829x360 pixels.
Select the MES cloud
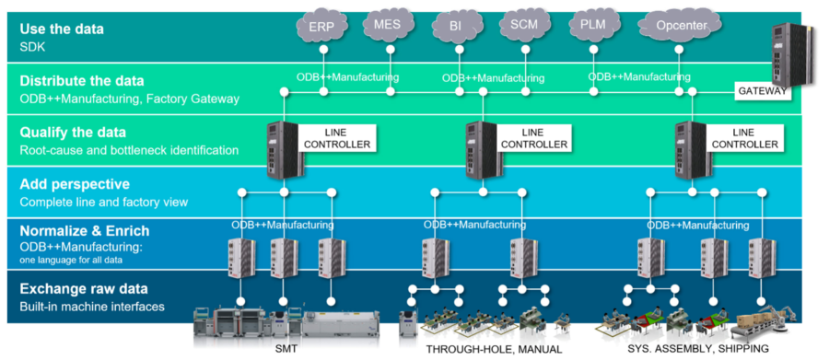coord(388,26)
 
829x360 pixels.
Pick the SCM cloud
coord(524,25)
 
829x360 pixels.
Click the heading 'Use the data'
coord(62,29)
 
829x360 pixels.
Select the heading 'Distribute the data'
coord(81,80)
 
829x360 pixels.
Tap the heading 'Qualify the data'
coord(73,132)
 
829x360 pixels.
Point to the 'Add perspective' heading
coord(74,184)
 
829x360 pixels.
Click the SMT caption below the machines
coord(286,350)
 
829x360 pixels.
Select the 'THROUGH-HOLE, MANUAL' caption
coord(481,350)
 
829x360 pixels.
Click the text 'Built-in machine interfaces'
coord(91,307)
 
